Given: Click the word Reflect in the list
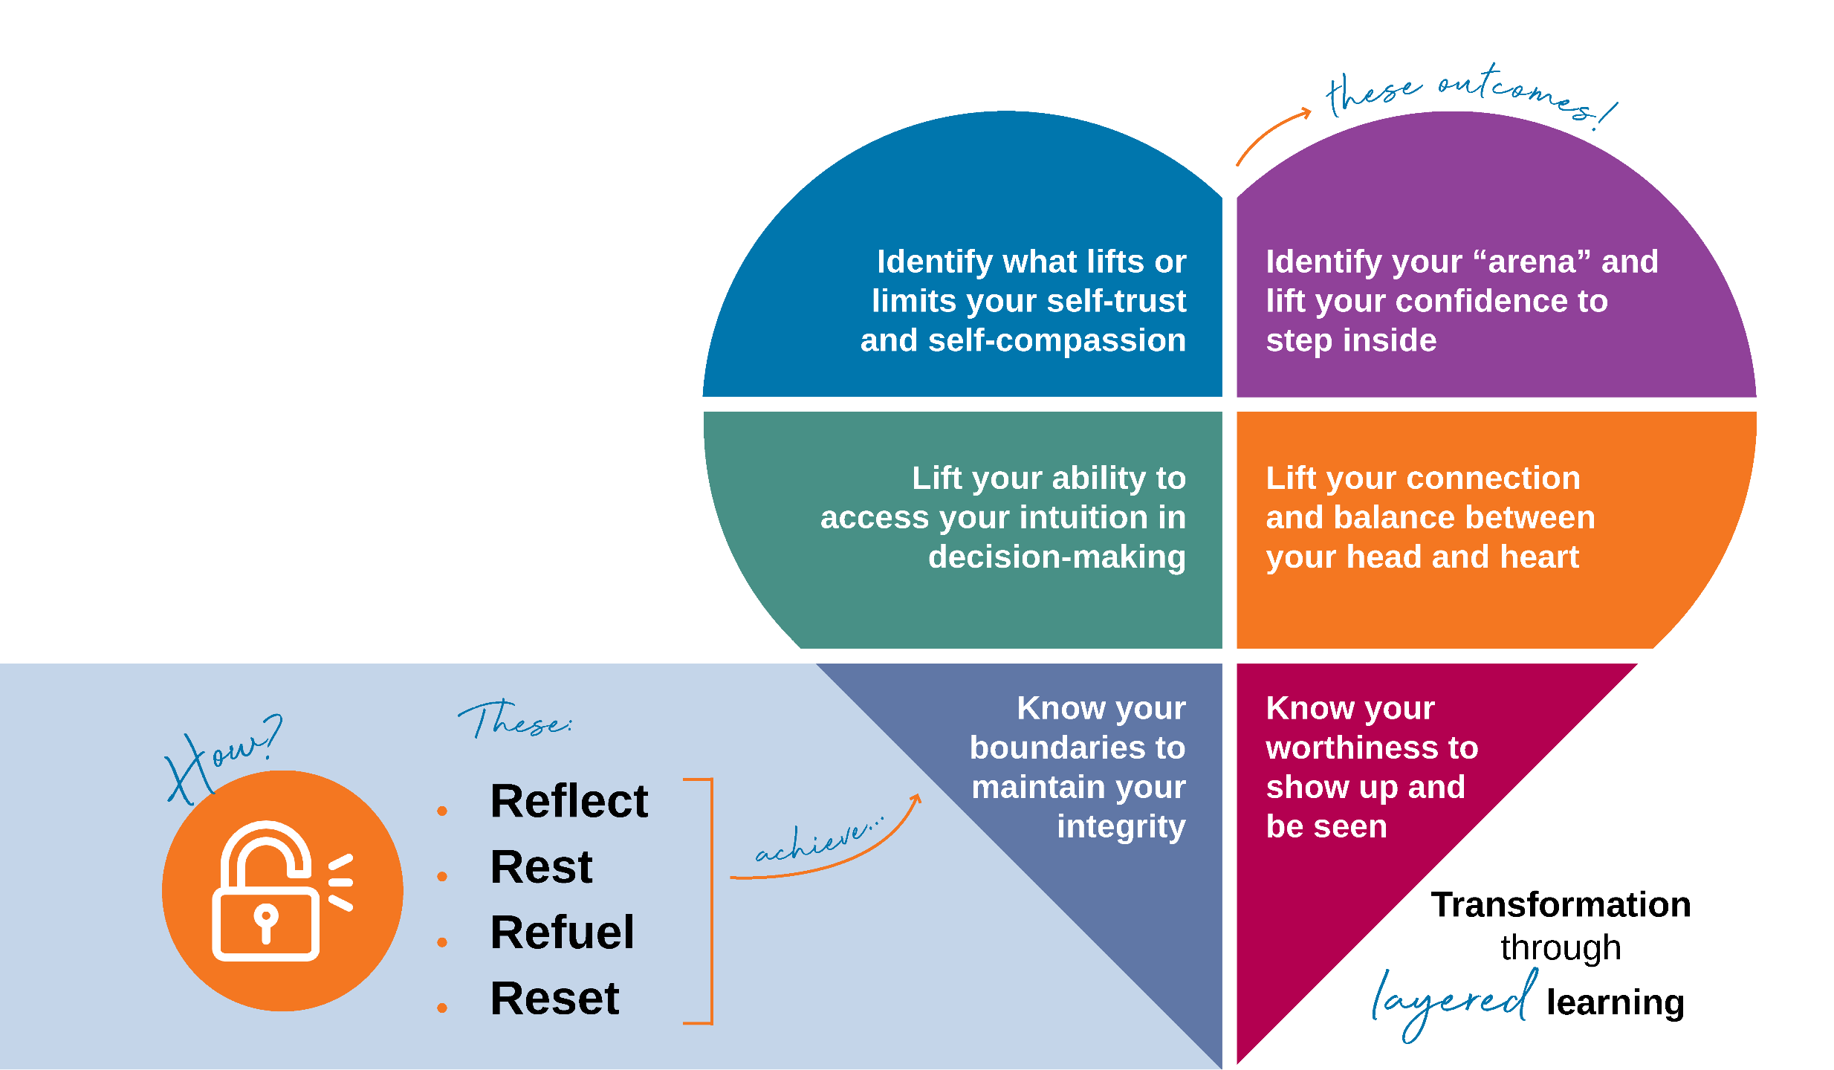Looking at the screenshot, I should [568, 801].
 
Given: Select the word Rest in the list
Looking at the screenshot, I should [541, 867].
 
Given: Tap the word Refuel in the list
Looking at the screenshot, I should [562, 933].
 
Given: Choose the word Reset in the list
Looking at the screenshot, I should [554, 998].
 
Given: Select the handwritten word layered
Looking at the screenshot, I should [1453, 999].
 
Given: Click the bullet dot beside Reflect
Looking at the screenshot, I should [442, 811].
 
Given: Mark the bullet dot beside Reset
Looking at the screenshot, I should [442, 1008].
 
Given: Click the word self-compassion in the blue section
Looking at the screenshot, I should [1057, 341].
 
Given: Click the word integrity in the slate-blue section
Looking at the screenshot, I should [1121, 827].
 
